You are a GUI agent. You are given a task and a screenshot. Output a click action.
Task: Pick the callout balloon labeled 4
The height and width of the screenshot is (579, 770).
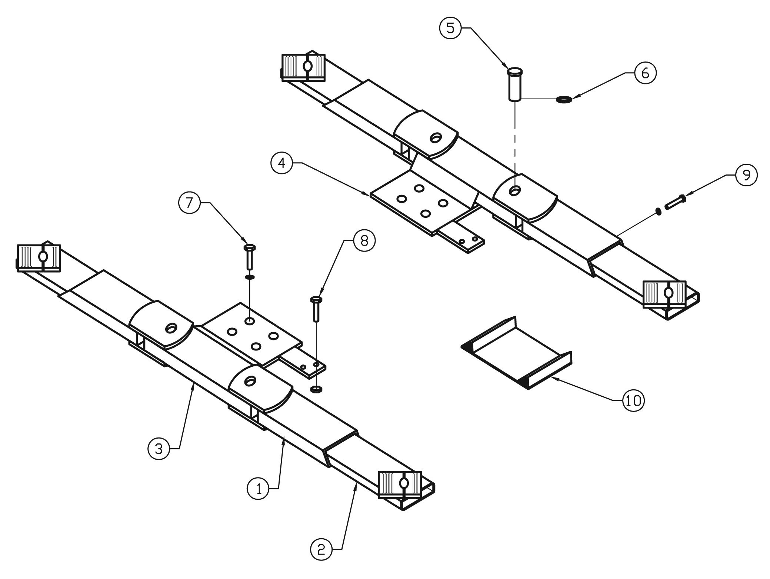(x=282, y=163)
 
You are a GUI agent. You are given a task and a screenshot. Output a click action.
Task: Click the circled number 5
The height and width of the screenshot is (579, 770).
(x=450, y=28)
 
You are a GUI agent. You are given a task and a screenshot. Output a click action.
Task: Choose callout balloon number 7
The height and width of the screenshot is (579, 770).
(x=190, y=203)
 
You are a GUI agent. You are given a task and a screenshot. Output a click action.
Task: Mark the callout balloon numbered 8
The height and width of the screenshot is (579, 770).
(x=364, y=241)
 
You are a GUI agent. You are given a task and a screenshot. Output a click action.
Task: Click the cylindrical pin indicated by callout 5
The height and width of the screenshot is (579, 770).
(x=514, y=84)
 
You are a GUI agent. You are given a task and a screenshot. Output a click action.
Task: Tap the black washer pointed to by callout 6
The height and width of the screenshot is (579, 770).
(x=563, y=99)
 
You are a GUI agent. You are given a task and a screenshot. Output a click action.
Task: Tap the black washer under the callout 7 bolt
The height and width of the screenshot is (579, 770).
(x=250, y=276)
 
